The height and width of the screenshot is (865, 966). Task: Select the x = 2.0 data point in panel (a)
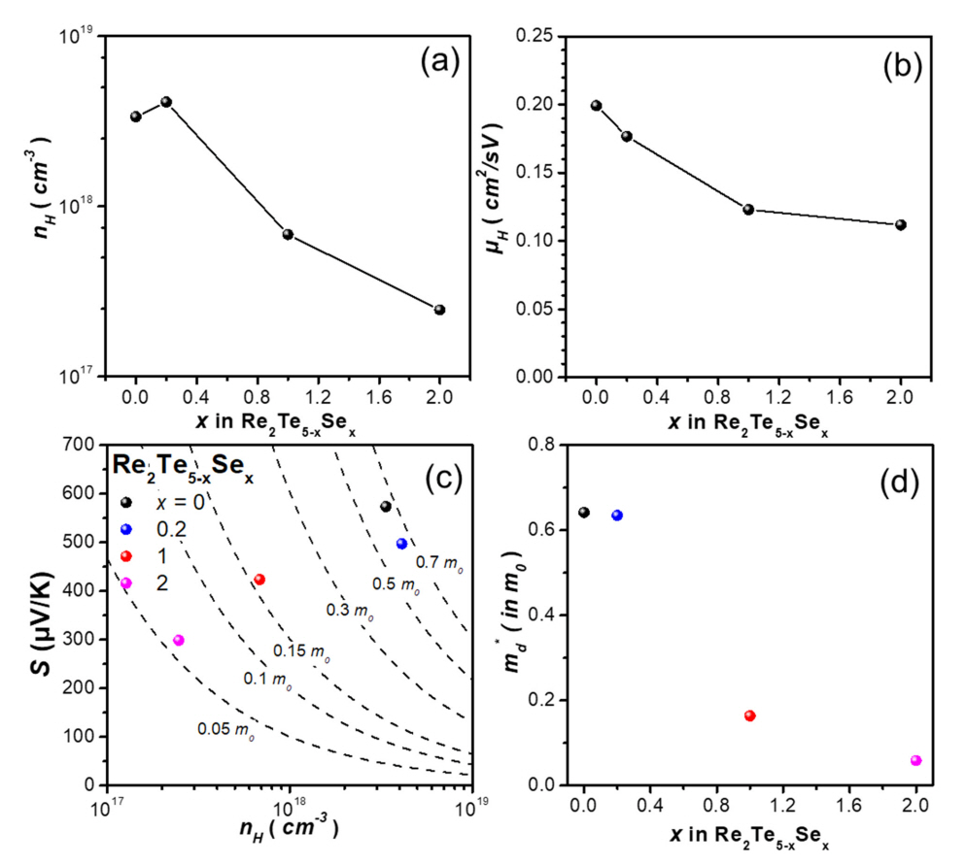439,310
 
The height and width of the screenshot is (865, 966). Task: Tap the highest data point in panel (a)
166,102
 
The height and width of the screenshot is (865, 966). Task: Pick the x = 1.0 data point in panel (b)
748,210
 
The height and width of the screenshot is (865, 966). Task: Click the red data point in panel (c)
259,580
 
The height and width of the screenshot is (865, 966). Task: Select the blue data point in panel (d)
617,516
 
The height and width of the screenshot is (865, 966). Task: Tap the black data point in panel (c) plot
386,507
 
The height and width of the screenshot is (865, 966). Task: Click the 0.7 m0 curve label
438,562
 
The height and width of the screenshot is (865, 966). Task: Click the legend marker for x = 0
126,502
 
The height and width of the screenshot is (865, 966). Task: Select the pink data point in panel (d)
916,760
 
